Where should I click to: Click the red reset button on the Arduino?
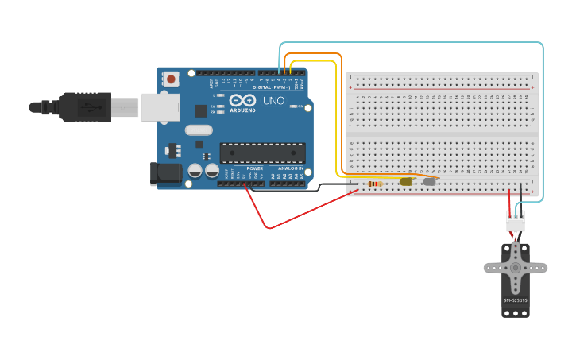tap(171, 79)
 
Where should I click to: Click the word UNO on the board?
tap(273, 101)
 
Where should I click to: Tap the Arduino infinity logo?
tap(243, 100)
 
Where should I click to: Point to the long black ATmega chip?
tap(263, 153)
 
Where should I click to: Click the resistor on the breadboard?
tap(374, 184)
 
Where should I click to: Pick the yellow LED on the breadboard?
tap(406, 181)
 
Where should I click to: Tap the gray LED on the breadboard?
tap(430, 181)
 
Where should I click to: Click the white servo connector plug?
tap(516, 223)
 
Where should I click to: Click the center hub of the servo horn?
tap(516, 268)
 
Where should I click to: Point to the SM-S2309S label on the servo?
tap(515, 300)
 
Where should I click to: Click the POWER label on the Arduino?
tap(255, 168)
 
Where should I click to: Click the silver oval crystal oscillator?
tap(199, 130)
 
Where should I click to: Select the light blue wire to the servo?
tap(543, 119)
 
